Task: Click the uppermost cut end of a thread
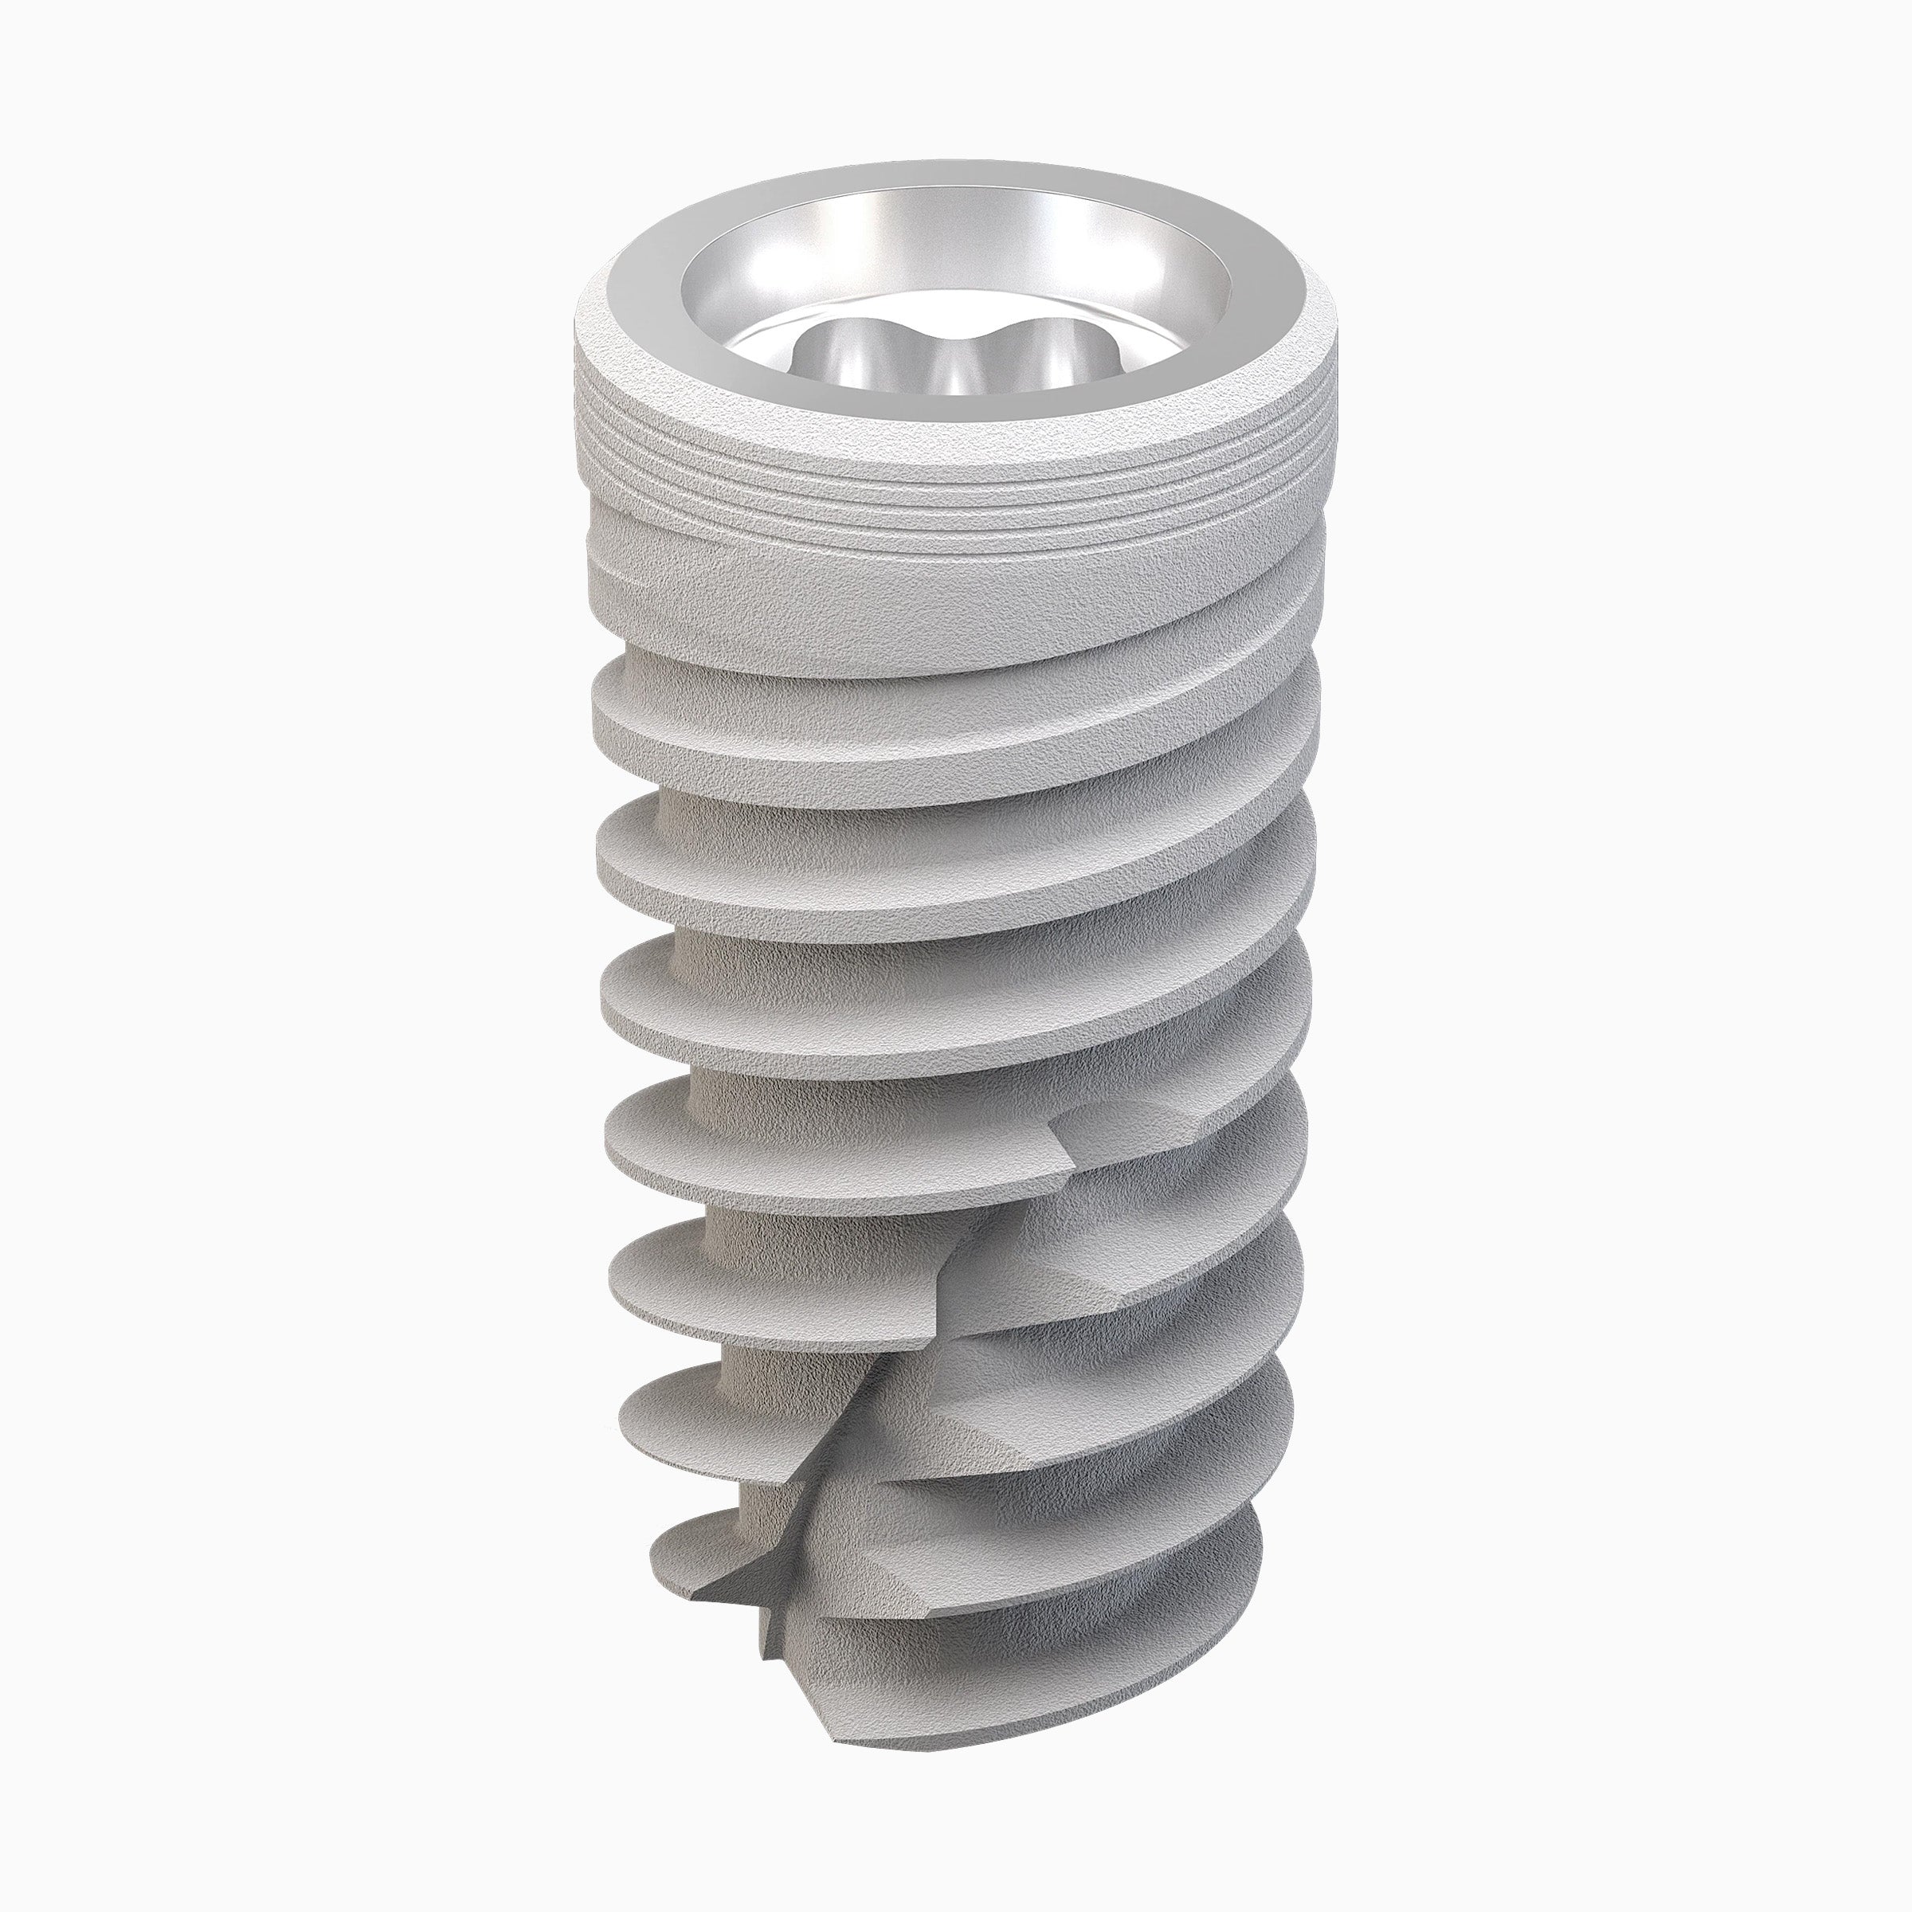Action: pos(1064,1148)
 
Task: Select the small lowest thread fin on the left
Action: pos(693,1544)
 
